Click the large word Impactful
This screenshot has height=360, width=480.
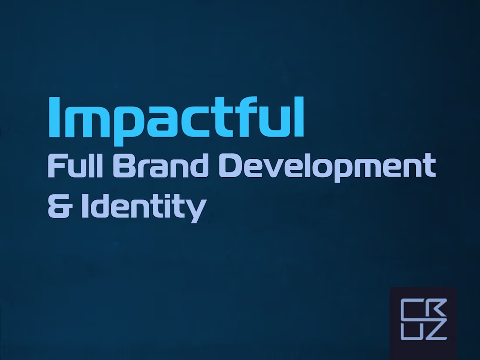tap(176, 117)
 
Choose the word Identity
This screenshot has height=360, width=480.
tap(143, 207)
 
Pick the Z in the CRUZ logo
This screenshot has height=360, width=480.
tap(436, 331)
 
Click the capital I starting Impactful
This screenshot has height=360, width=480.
tap(54, 117)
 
